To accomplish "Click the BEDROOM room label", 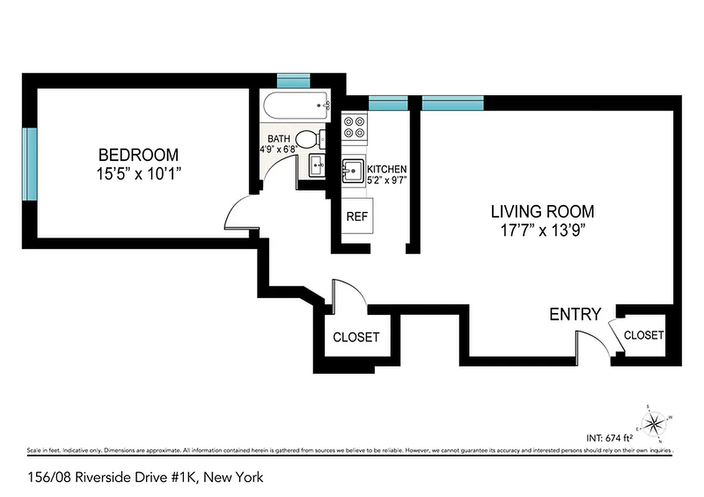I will [139, 154].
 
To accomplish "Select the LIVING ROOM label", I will [542, 211].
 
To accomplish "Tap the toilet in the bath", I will [309, 139].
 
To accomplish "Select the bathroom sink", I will [316, 166].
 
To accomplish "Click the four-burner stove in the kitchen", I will [355, 127].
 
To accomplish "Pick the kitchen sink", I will [354, 171].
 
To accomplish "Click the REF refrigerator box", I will [357, 217].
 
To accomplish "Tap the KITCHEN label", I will [386, 169].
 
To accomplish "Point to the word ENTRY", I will [575, 314].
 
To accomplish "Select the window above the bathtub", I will [293, 81].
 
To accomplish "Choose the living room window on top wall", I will [452, 103].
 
